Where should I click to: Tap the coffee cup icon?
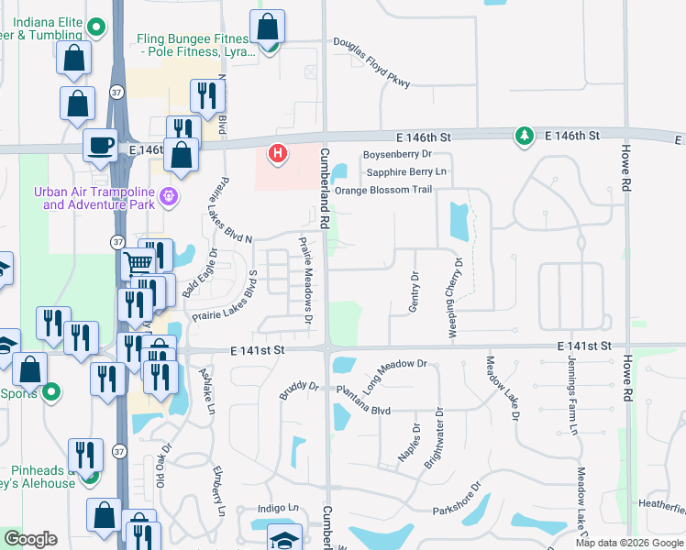coord(100,144)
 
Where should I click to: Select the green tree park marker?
coord(524,136)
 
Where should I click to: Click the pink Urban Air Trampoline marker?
coord(168,195)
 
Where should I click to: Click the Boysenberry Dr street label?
coord(397,154)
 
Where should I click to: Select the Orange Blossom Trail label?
coord(382,191)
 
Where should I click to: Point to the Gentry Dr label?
coord(414,291)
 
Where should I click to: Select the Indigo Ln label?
coord(279,508)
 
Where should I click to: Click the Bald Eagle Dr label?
coord(199,272)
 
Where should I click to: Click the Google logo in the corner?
coord(31,539)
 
